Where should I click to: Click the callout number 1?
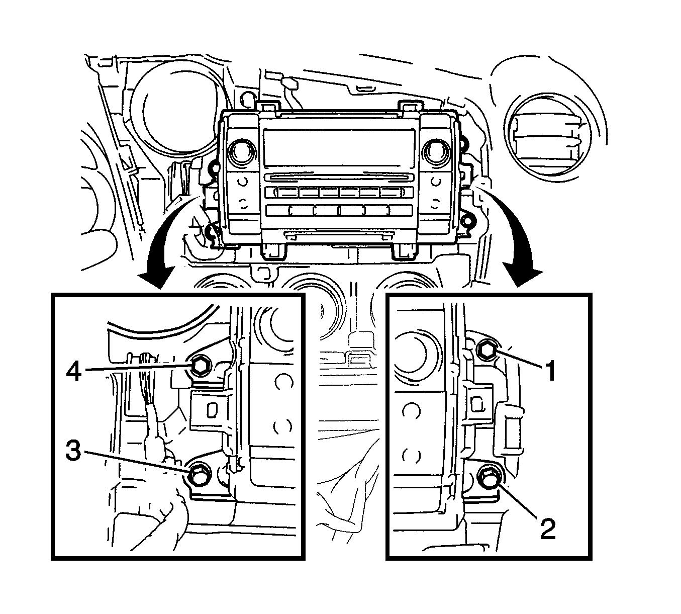(x=551, y=372)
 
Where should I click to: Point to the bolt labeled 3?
(x=198, y=473)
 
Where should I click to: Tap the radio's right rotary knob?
(x=434, y=150)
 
